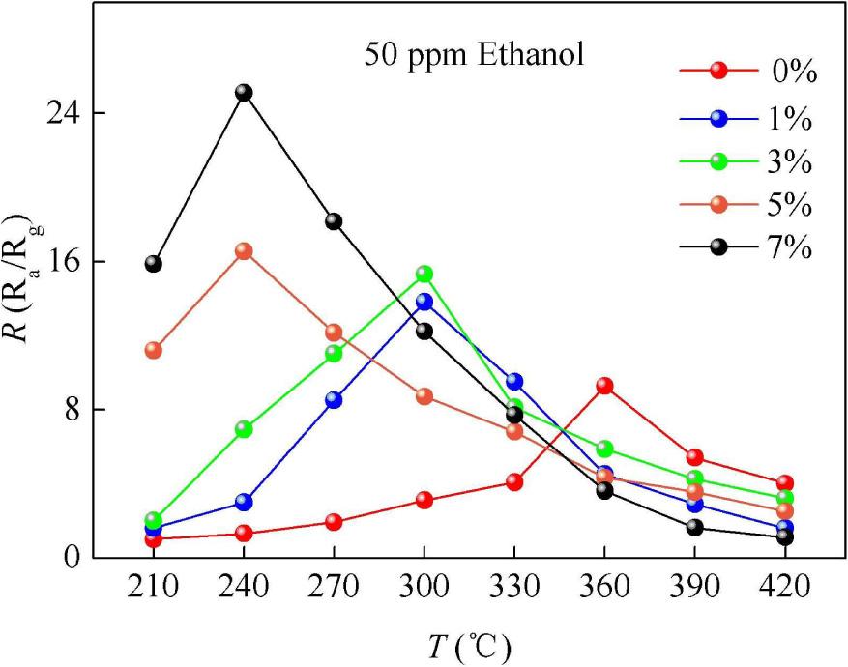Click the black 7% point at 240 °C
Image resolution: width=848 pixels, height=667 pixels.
244,92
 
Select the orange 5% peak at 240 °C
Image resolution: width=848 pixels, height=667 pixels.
244,250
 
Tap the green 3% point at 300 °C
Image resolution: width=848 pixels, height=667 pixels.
424,274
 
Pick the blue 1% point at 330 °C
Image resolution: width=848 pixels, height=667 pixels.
513,382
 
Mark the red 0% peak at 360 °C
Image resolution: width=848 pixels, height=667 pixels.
604,386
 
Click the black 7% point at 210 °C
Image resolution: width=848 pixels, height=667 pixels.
153,263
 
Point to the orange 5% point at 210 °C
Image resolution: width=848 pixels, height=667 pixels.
153,350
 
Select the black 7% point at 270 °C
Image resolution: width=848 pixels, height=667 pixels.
334,221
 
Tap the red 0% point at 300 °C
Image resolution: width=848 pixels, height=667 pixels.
424,500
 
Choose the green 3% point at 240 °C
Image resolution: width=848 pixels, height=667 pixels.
244,428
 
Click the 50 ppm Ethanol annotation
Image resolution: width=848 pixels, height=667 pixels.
474,54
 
